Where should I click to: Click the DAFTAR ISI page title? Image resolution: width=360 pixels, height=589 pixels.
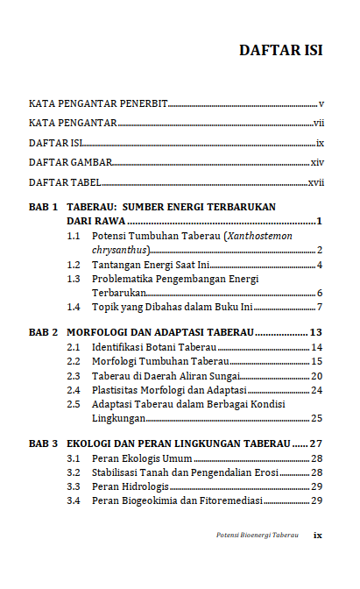[281, 50]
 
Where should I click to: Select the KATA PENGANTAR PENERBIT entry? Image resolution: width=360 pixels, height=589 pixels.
[98, 104]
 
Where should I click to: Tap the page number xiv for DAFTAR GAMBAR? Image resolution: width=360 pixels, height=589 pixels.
[317, 163]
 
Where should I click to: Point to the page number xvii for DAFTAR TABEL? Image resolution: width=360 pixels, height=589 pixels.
[316, 183]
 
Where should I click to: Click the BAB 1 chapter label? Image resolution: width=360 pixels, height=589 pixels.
[43, 208]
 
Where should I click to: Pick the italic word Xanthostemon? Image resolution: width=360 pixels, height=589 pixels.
[260, 237]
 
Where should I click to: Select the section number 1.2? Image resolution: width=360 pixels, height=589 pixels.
[75, 265]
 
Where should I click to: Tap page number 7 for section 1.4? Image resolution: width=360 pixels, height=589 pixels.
[321, 307]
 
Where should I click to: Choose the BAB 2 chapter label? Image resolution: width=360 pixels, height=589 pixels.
[43, 333]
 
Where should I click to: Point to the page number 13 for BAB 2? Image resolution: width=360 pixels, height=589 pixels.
[317, 333]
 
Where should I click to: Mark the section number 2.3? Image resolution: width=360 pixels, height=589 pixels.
[75, 376]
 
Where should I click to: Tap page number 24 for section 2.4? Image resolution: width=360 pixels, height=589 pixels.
[317, 390]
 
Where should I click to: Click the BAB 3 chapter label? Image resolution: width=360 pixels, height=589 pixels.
[43, 444]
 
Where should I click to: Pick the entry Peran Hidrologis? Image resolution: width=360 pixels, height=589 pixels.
[131, 486]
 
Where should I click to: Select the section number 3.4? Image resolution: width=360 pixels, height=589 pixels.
[75, 500]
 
